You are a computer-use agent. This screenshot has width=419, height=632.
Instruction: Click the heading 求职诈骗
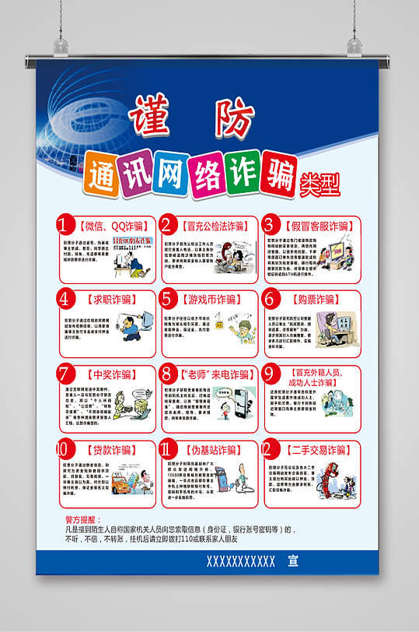108,299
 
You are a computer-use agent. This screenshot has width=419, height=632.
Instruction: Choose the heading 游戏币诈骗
211,299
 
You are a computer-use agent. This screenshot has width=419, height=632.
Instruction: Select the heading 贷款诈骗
108,450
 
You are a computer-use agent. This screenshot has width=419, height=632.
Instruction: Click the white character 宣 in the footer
292,560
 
